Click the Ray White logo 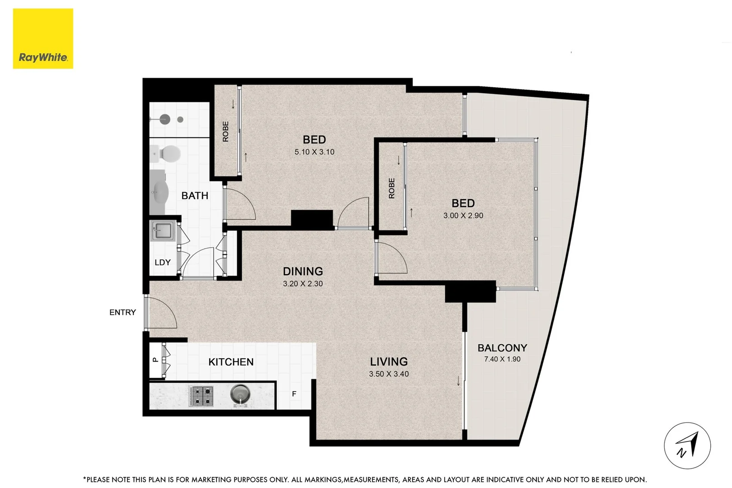(43, 39)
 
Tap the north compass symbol (687, 446)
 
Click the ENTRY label (122, 312)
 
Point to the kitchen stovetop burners (202, 395)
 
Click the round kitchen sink (239, 394)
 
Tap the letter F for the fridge (294, 394)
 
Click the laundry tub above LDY (161, 231)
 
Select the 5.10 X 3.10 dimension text (314, 152)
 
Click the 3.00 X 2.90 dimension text (463, 216)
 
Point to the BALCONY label (502, 348)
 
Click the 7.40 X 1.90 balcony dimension (502, 359)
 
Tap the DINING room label (303, 271)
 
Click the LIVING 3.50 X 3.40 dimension (389, 374)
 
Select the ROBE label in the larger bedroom (225, 131)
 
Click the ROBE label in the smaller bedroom (392, 188)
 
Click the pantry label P (155, 360)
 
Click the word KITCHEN (231, 362)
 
